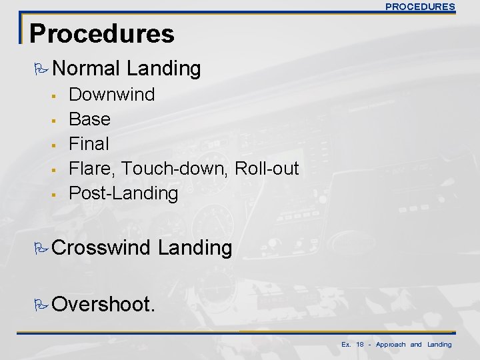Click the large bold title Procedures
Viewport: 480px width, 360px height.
(x=102, y=33)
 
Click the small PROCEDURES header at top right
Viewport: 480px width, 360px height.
(x=421, y=7)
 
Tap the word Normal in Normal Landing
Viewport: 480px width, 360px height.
(x=86, y=68)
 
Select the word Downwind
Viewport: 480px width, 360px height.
(x=112, y=95)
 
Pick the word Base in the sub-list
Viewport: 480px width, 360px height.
(x=90, y=119)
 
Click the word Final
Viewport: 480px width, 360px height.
(x=89, y=144)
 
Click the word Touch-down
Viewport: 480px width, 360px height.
(x=174, y=169)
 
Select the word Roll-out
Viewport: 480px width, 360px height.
(x=265, y=169)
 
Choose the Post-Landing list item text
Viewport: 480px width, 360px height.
(x=124, y=193)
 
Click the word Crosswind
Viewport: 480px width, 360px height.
(x=102, y=249)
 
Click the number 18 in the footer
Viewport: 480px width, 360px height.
(x=361, y=345)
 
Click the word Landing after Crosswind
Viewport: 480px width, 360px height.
(x=195, y=249)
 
